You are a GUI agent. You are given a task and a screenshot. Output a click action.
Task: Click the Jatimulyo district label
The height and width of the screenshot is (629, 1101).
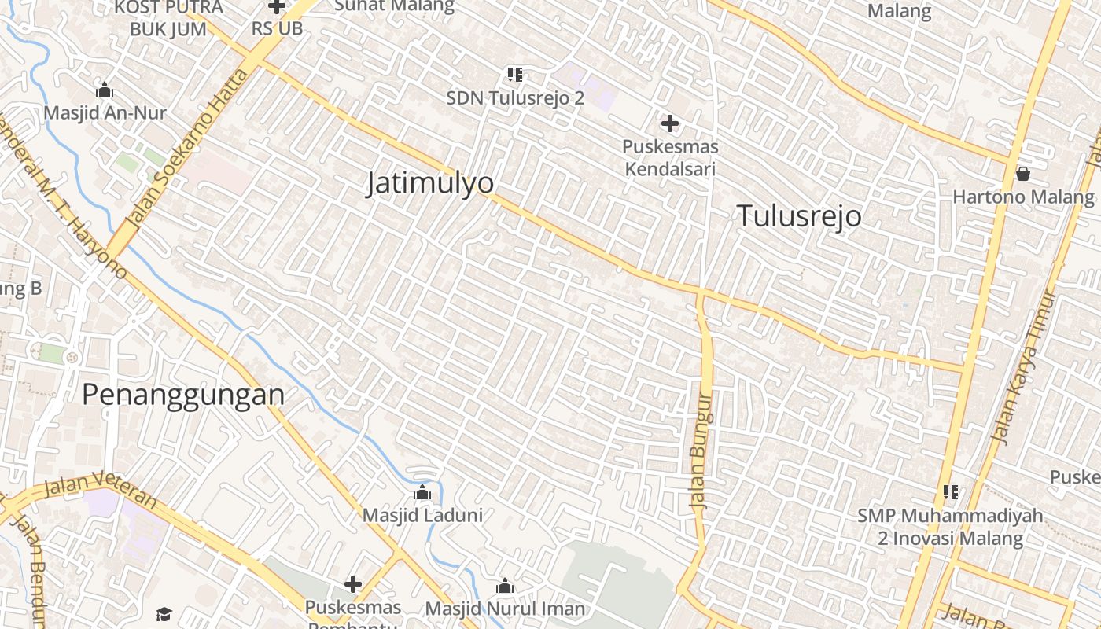tap(430, 183)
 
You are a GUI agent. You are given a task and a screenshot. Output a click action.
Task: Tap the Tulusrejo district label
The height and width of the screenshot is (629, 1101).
tap(799, 216)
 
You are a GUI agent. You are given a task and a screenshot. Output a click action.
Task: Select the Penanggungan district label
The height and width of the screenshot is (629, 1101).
tap(183, 395)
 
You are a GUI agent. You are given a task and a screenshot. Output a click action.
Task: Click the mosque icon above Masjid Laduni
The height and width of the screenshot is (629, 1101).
tap(422, 493)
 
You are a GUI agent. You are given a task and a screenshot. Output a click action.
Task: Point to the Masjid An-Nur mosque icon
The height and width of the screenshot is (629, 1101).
tap(104, 90)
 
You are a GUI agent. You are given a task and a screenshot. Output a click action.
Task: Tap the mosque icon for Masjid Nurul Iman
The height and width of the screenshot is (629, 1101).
tap(505, 587)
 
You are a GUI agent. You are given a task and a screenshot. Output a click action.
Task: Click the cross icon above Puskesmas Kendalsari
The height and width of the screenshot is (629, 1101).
tap(670, 123)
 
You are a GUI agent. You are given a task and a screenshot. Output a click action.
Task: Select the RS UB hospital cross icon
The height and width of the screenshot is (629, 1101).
tap(277, 7)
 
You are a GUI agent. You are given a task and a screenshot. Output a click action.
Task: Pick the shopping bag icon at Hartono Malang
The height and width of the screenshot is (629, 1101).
tap(1023, 174)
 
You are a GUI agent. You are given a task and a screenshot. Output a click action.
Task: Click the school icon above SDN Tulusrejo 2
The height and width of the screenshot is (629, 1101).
tap(515, 75)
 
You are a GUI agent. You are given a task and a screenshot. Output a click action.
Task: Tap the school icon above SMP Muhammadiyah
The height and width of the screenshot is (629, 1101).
tap(951, 492)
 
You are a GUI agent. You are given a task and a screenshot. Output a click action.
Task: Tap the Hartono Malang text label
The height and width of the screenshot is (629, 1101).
tap(1023, 197)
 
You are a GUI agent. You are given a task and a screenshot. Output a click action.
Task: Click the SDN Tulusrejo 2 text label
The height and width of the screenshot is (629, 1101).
tap(515, 98)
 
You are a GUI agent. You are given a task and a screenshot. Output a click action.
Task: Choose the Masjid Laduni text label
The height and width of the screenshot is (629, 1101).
tap(422, 516)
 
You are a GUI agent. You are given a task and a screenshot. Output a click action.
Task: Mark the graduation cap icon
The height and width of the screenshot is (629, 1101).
tap(164, 614)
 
